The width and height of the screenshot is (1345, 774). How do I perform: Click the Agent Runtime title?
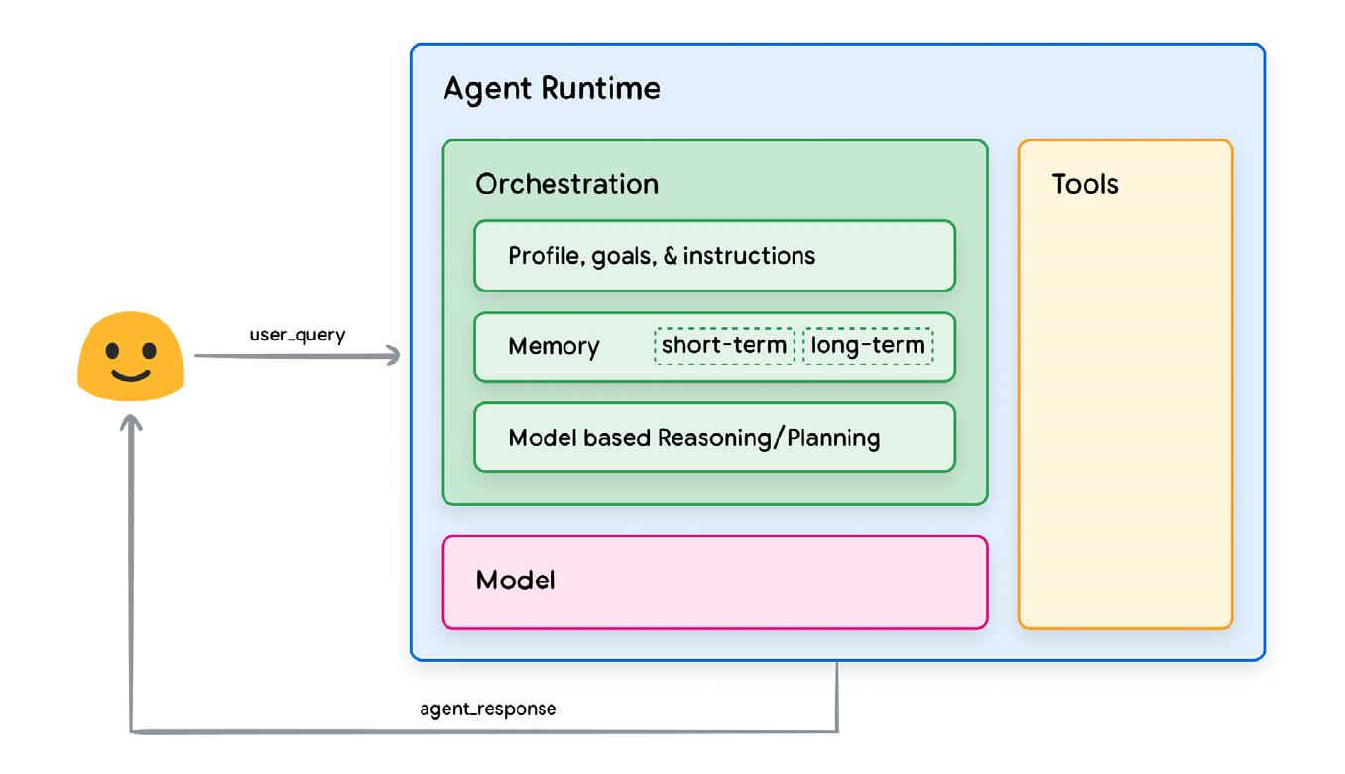tap(551, 89)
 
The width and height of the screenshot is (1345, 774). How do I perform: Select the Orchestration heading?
tap(566, 184)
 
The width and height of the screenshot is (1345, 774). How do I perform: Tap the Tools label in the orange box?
tap(1085, 184)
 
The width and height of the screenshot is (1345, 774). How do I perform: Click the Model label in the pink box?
tap(516, 580)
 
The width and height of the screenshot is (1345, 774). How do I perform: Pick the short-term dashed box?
tap(724, 346)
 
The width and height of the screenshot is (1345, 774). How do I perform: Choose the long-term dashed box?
tap(868, 346)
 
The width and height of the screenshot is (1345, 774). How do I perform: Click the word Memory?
tap(553, 346)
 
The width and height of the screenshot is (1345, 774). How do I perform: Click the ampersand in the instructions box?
tap(671, 256)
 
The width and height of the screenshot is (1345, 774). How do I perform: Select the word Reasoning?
tap(714, 438)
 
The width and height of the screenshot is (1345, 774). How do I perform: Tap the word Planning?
tap(833, 438)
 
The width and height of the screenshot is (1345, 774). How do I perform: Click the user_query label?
tap(298, 335)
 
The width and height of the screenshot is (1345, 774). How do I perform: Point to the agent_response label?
tap(488, 709)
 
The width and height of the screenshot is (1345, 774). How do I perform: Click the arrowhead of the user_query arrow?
tap(395, 356)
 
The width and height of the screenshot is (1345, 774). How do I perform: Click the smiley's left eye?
tap(112, 350)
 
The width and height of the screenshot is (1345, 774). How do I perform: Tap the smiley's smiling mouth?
tap(131, 376)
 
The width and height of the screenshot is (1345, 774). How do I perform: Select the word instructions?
tap(749, 256)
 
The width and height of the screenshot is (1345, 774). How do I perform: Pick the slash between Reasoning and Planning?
tap(779, 438)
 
